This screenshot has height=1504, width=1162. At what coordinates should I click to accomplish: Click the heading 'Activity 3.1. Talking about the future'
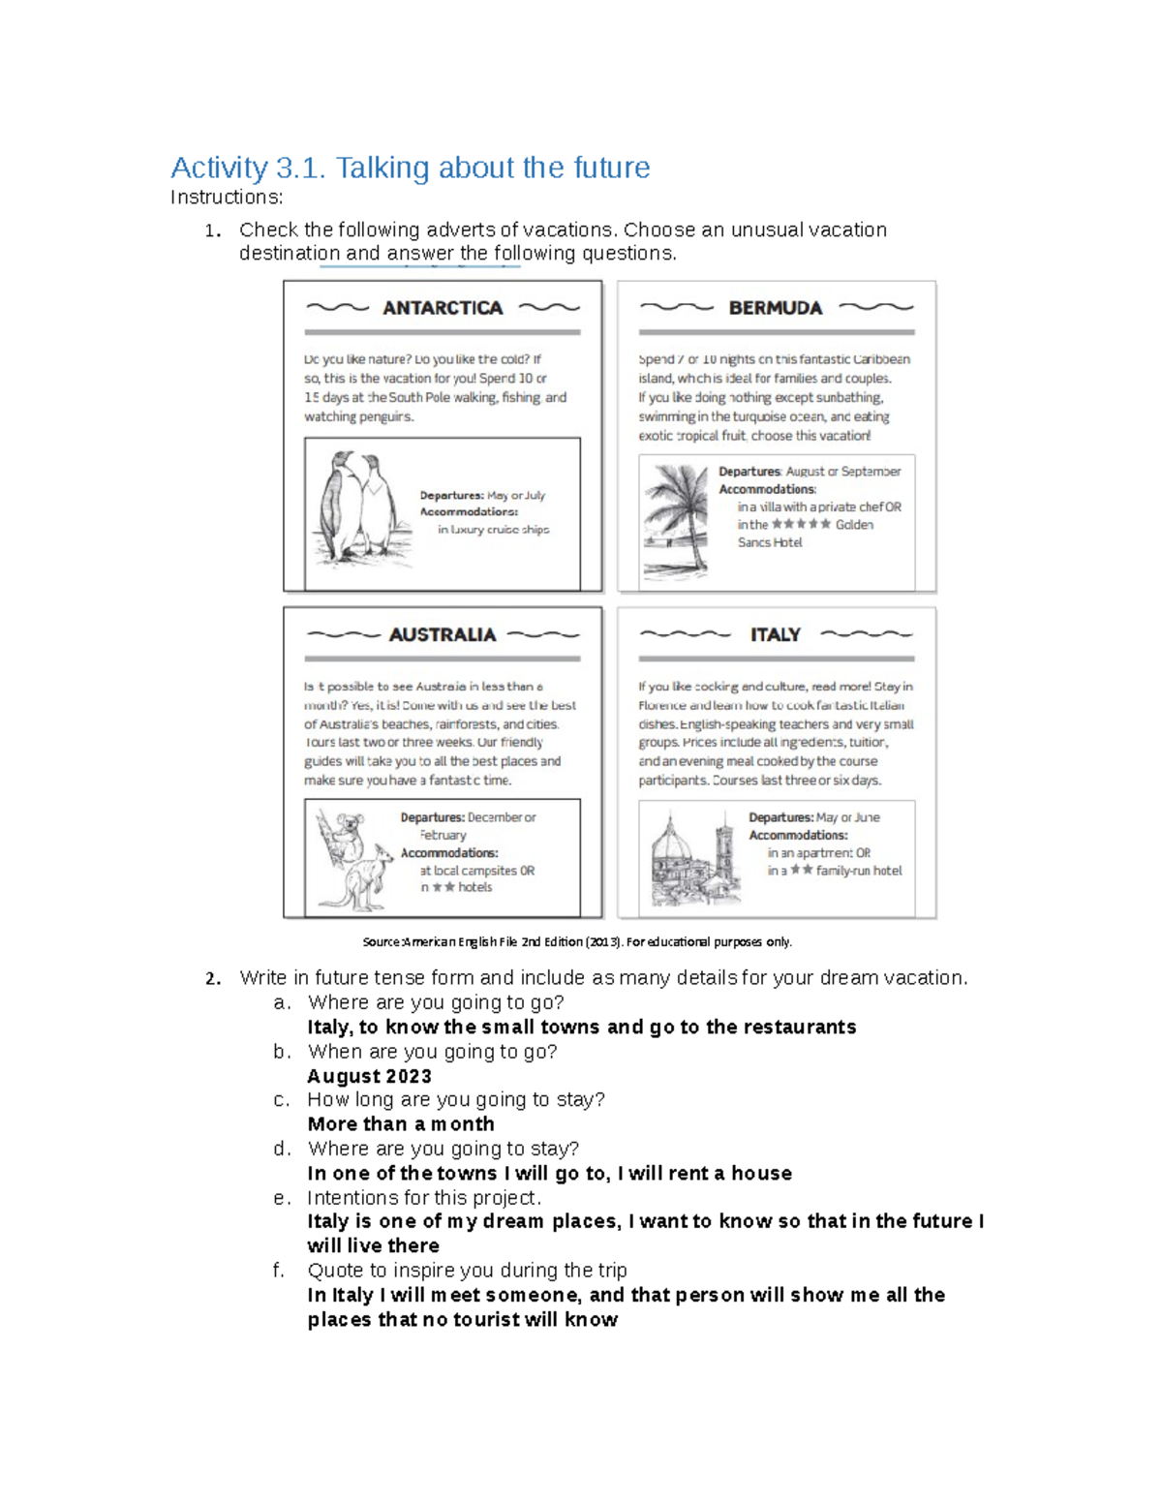(410, 168)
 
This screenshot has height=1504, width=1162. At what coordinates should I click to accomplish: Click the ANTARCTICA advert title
(443, 308)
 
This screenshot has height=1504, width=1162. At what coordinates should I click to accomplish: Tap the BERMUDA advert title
(775, 308)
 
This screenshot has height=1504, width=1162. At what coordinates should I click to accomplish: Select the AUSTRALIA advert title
(442, 634)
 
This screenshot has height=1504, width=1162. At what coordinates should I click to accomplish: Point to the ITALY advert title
(775, 634)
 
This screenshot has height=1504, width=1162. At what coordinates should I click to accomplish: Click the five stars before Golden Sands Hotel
(801, 524)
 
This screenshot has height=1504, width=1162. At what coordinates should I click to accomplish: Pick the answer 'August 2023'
(369, 1076)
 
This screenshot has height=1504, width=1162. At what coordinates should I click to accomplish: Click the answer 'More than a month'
(401, 1123)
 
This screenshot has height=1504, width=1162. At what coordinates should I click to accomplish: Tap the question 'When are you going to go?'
(432, 1052)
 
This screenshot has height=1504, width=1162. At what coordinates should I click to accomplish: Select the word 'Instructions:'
(227, 198)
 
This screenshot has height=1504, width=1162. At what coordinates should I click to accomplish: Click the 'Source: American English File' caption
(577, 941)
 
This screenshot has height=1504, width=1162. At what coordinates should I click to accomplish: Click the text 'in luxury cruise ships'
(493, 530)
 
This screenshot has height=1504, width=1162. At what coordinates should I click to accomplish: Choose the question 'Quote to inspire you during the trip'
(467, 1271)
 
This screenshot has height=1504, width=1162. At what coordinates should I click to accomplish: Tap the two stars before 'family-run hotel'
(801, 871)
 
